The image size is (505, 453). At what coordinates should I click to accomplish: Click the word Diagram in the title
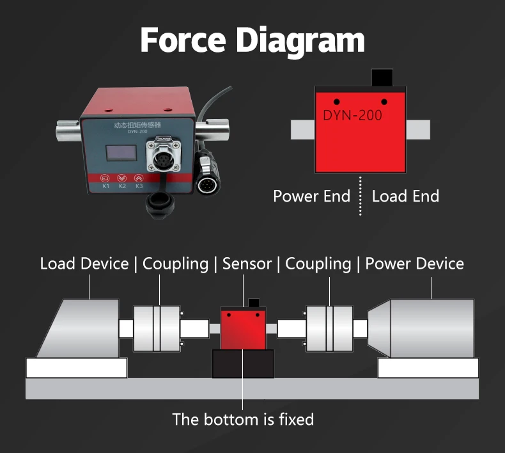300,41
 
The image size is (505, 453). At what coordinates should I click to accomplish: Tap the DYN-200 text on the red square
352,115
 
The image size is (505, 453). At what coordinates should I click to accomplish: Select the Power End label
311,196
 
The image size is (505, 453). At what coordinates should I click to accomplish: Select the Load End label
405,196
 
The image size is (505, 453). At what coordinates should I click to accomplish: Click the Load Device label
84,264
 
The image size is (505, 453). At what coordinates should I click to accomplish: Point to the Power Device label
414,264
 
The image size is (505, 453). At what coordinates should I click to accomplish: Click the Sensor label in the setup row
247,264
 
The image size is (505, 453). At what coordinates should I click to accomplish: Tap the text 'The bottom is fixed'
243,420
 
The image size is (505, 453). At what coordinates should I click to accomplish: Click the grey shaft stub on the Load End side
418,130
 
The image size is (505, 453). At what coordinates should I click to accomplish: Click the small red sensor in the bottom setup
244,328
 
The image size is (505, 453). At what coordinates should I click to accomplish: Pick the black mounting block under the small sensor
243,363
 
